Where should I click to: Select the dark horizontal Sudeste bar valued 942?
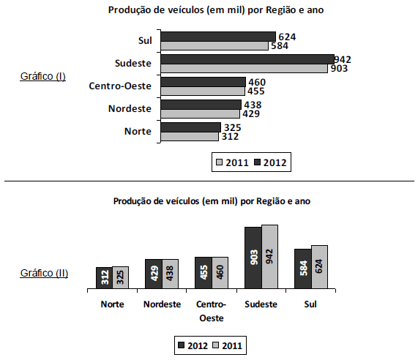click(x=247, y=59)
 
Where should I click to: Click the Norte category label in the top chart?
click(x=138, y=131)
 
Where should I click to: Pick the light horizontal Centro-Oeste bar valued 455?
click(x=202, y=91)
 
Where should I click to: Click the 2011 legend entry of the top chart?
click(x=230, y=162)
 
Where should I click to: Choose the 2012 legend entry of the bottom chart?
click(x=195, y=344)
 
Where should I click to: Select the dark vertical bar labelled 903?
click(x=253, y=258)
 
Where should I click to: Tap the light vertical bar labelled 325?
click(x=121, y=277)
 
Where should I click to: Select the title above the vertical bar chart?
click(x=212, y=200)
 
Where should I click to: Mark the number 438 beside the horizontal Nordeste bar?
click(x=252, y=105)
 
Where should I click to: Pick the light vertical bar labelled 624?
click(x=318, y=266)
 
